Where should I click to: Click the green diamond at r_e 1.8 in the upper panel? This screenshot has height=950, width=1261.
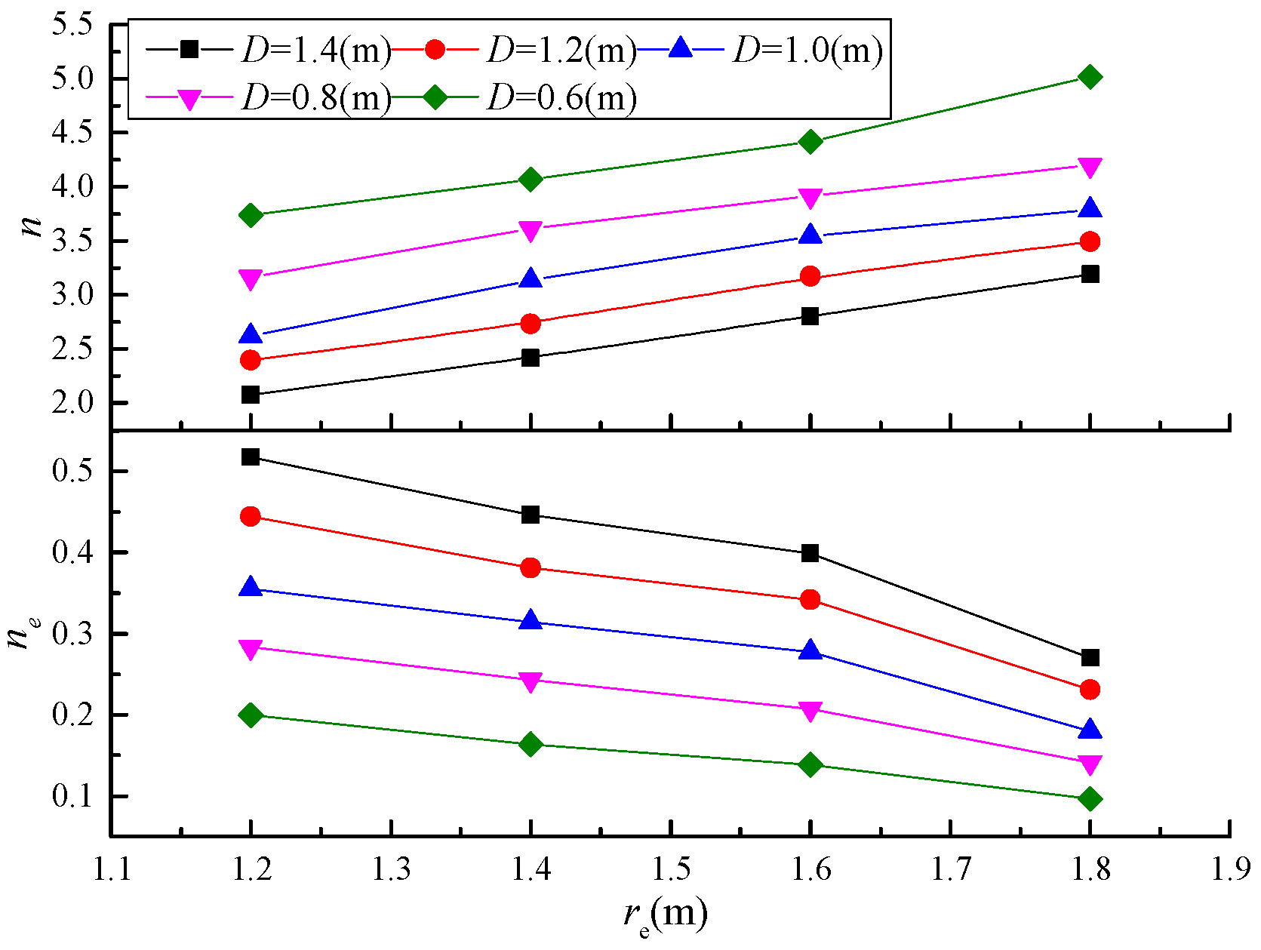click(1090, 77)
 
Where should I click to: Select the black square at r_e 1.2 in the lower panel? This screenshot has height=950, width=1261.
click(251, 457)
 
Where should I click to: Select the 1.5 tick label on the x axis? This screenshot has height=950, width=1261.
click(671, 870)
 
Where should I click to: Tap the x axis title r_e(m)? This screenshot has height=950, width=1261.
click(666, 916)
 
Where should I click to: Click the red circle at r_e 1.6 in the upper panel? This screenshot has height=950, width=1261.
click(810, 276)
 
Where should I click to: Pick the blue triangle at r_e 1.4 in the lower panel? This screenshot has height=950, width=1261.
click(531, 621)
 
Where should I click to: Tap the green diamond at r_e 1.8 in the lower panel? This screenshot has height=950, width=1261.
click(1090, 799)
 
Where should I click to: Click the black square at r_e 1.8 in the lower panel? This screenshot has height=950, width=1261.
click(1090, 658)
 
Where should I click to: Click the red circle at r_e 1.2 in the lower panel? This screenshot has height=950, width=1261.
click(251, 517)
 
